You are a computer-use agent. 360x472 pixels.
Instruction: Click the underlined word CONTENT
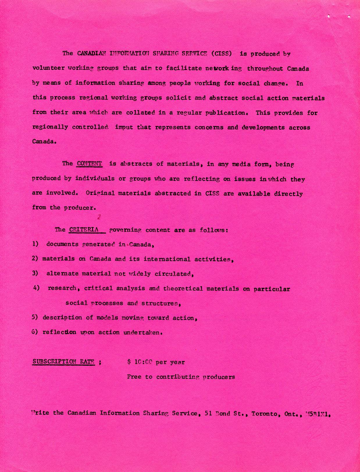point(89,163)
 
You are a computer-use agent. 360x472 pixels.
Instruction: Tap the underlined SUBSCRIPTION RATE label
point(64,361)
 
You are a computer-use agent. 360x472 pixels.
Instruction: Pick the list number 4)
point(36,288)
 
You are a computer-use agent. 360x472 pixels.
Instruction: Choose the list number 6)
point(35,332)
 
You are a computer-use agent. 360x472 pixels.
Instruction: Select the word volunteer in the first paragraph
point(48,68)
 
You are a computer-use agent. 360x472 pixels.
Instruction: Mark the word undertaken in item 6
point(142,332)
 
